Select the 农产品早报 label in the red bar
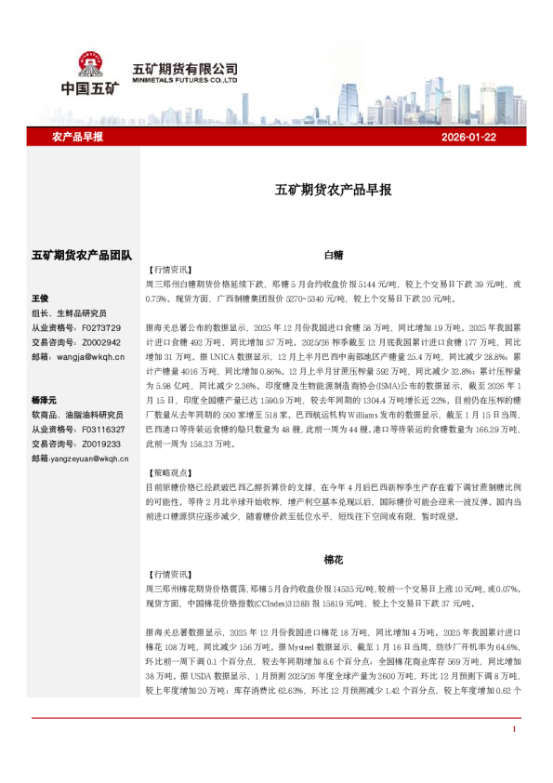(x=77, y=137)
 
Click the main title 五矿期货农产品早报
(x=333, y=190)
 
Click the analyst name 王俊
(x=40, y=299)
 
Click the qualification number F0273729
(x=101, y=327)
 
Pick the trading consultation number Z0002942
(x=101, y=341)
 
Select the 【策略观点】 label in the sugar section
(x=168, y=473)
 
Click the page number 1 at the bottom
(x=513, y=755)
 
